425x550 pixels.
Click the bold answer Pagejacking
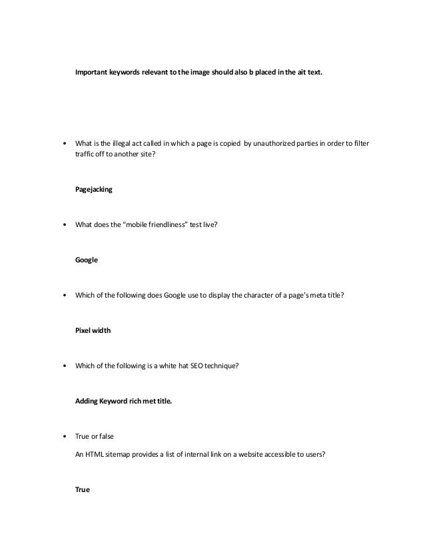(x=94, y=189)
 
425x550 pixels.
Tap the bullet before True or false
(x=64, y=437)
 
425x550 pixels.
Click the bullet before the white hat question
(x=64, y=366)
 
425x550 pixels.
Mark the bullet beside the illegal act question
(x=64, y=144)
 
